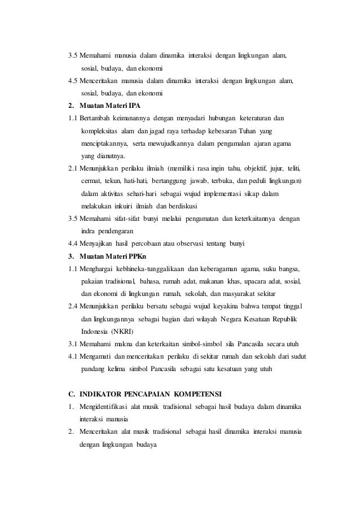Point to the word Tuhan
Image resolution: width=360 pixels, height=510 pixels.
(245, 130)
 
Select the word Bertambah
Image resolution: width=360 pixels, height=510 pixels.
(95, 118)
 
